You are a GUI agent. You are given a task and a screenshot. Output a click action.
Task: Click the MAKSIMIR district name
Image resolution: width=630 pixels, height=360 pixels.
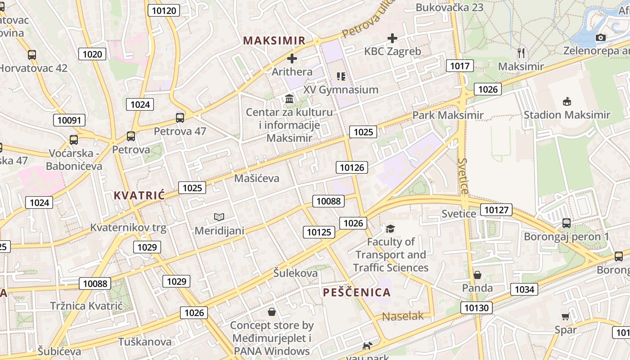click(274, 40)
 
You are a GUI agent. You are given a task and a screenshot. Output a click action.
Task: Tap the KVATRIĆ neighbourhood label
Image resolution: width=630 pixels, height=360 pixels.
click(139, 195)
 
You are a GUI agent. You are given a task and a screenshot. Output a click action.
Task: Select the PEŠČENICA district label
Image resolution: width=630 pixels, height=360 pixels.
click(356, 292)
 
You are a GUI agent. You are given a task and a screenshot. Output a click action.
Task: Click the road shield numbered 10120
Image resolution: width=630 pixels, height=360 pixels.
click(163, 10)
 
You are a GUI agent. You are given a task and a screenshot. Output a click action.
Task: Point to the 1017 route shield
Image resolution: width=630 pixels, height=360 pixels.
click(460, 66)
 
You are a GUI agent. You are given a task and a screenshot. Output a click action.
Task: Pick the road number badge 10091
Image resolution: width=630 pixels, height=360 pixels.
click(69, 120)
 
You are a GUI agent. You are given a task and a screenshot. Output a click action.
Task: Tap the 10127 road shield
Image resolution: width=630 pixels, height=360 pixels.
click(496, 210)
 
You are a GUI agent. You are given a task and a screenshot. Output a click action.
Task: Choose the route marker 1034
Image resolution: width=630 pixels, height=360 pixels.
click(524, 289)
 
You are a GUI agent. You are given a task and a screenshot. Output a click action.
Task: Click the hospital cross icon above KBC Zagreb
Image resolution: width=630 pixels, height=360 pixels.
click(392, 38)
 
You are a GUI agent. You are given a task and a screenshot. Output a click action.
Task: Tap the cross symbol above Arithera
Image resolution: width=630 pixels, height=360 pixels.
click(292, 58)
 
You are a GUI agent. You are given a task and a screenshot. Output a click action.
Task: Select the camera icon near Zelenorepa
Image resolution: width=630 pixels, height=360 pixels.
click(600, 38)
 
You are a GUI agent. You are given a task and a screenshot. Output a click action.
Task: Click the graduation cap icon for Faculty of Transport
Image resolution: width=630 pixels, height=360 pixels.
click(390, 229)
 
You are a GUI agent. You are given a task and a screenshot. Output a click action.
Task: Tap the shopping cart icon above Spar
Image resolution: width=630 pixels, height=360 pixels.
click(565, 316)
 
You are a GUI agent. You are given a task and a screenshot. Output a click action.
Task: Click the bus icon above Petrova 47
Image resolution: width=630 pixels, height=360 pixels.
click(180, 118)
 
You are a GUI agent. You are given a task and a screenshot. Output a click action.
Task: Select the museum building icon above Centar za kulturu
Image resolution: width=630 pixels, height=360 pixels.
click(289, 99)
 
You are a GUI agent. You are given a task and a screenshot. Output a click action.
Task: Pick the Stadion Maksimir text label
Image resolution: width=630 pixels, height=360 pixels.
click(567, 115)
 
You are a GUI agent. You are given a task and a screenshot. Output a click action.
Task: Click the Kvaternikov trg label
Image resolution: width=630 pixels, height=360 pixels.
click(128, 228)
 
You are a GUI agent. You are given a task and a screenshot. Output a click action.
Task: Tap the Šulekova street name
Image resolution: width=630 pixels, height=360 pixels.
click(295, 273)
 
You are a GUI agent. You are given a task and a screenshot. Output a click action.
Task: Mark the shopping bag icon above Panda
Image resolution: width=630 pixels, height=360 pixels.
click(477, 275)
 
